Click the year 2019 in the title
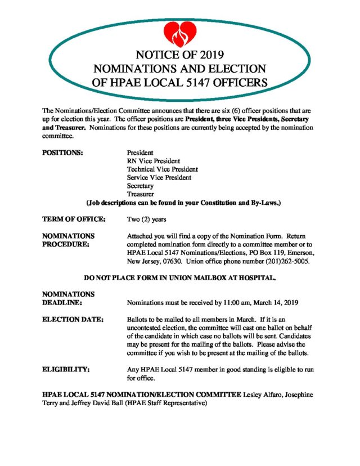click(x=210, y=55)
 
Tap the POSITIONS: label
click(x=63, y=153)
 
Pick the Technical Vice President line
click(x=162, y=169)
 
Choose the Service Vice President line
click(x=159, y=177)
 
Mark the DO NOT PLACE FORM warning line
click(x=179, y=278)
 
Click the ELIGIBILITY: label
click(x=67, y=370)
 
